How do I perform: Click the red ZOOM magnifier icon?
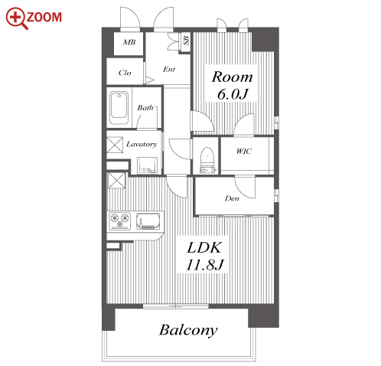pos(16,18)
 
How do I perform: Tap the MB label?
pos(129,42)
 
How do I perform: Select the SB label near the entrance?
pos(187,41)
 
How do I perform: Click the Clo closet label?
pos(125,73)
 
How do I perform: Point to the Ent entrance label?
pos(169,69)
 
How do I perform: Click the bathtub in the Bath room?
pos(119,108)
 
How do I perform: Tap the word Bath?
pos(145,108)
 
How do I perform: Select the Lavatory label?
pos(142,144)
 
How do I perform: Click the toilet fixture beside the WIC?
pos(207,160)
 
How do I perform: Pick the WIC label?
pos(244,152)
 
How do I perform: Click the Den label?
pos(232,198)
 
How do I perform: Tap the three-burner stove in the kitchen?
pos(120,221)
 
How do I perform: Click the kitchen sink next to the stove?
pos(148,221)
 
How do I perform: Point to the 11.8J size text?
pos(205,264)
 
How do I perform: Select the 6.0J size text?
pos(233,93)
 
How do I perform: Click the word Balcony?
pos(188,330)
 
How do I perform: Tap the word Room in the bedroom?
pos(232,77)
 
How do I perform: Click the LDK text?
pos(204,247)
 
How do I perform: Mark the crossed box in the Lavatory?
pos(115,145)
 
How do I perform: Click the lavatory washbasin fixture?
pos(147,165)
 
